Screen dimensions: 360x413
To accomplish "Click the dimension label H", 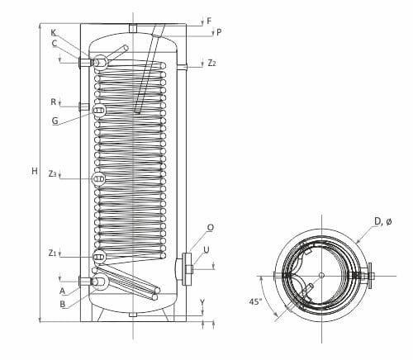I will click(34, 171).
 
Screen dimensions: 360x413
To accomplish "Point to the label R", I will click(53, 102).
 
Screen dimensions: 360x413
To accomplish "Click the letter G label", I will click(55, 121).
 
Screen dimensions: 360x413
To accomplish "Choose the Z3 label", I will click(52, 173).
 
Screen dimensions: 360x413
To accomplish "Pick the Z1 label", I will click(52, 253).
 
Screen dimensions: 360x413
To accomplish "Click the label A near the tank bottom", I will click(62, 291).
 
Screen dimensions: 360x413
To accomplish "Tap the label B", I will click(62, 303).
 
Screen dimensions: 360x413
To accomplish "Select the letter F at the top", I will click(208, 21).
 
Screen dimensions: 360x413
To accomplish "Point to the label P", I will click(218, 32).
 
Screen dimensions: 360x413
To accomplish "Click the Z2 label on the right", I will click(212, 63).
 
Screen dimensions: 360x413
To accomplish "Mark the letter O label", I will click(210, 227).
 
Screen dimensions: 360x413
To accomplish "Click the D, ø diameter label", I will click(382, 220).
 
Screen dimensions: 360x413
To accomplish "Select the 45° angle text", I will click(255, 301).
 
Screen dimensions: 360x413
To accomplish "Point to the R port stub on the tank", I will click(83, 106).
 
